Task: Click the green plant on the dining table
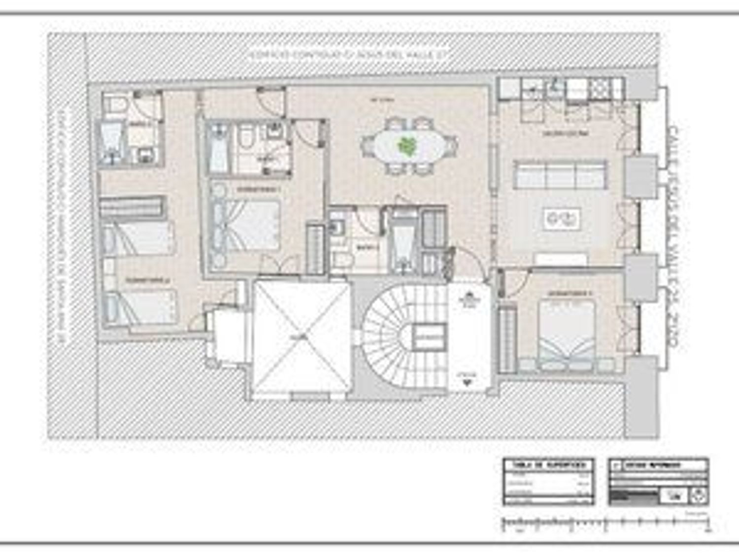coord(406,146)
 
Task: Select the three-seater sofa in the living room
coord(560,174)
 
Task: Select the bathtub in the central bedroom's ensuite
coord(217,147)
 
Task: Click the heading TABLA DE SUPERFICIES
coord(548,465)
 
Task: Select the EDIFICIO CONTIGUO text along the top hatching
coord(348,55)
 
